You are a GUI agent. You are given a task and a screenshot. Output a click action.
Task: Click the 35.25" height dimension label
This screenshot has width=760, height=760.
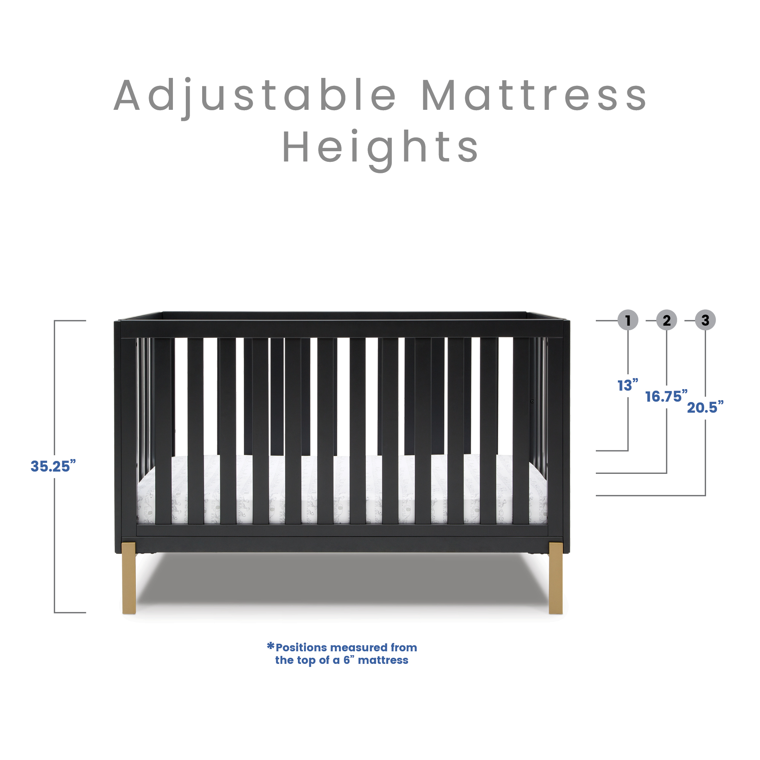53,466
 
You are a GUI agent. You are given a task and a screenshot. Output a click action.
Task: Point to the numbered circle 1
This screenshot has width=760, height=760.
628,320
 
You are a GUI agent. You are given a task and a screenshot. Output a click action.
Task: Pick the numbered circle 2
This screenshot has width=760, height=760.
667,320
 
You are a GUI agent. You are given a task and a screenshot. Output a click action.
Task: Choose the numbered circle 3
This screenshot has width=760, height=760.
705,320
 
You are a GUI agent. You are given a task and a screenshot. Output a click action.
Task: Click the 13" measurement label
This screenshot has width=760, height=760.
627,385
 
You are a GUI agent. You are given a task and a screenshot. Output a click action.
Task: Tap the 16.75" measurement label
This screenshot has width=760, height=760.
666,396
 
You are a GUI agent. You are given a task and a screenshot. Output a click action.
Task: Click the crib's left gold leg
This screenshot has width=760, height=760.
129,578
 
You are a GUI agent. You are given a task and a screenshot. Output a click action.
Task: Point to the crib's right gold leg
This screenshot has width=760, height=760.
556,578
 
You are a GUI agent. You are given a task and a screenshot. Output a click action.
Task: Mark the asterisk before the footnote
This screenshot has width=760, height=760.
271,646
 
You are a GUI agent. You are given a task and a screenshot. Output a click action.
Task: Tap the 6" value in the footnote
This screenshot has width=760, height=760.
348,660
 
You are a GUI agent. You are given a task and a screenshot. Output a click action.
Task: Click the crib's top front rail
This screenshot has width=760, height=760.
342,329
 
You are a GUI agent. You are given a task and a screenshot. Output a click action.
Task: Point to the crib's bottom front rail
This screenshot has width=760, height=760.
342,545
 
